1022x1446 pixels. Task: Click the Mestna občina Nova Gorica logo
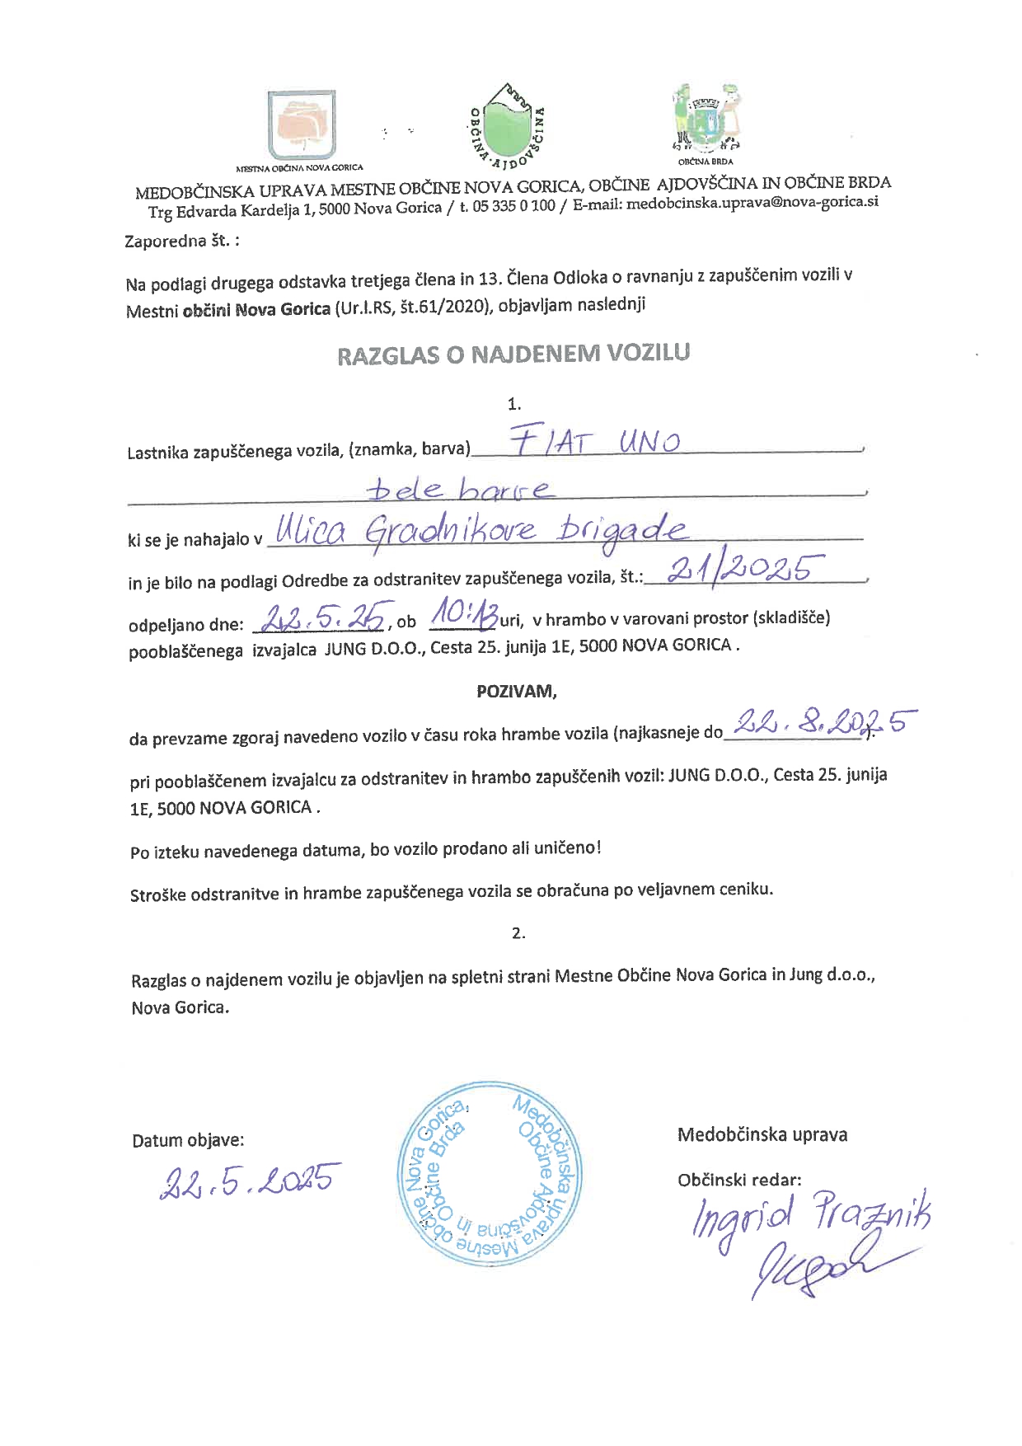click(x=302, y=124)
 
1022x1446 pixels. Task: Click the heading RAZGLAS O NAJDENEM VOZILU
click(x=513, y=354)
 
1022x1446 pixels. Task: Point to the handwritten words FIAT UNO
click(x=594, y=443)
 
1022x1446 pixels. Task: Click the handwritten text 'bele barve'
click(x=459, y=490)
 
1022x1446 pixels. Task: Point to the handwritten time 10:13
click(x=464, y=614)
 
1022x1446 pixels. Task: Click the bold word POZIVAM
click(x=517, y=692)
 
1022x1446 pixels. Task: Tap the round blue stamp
click(x=490, y=1179)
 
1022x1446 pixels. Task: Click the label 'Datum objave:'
click(x=188, y=1141)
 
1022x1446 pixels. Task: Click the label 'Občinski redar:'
click(x=739, y=1180)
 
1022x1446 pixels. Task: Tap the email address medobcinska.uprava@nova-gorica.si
click(x=752, y=203)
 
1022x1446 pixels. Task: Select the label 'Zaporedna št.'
click(x=182, y=242)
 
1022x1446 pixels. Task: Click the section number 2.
click(x=518, y=933)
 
